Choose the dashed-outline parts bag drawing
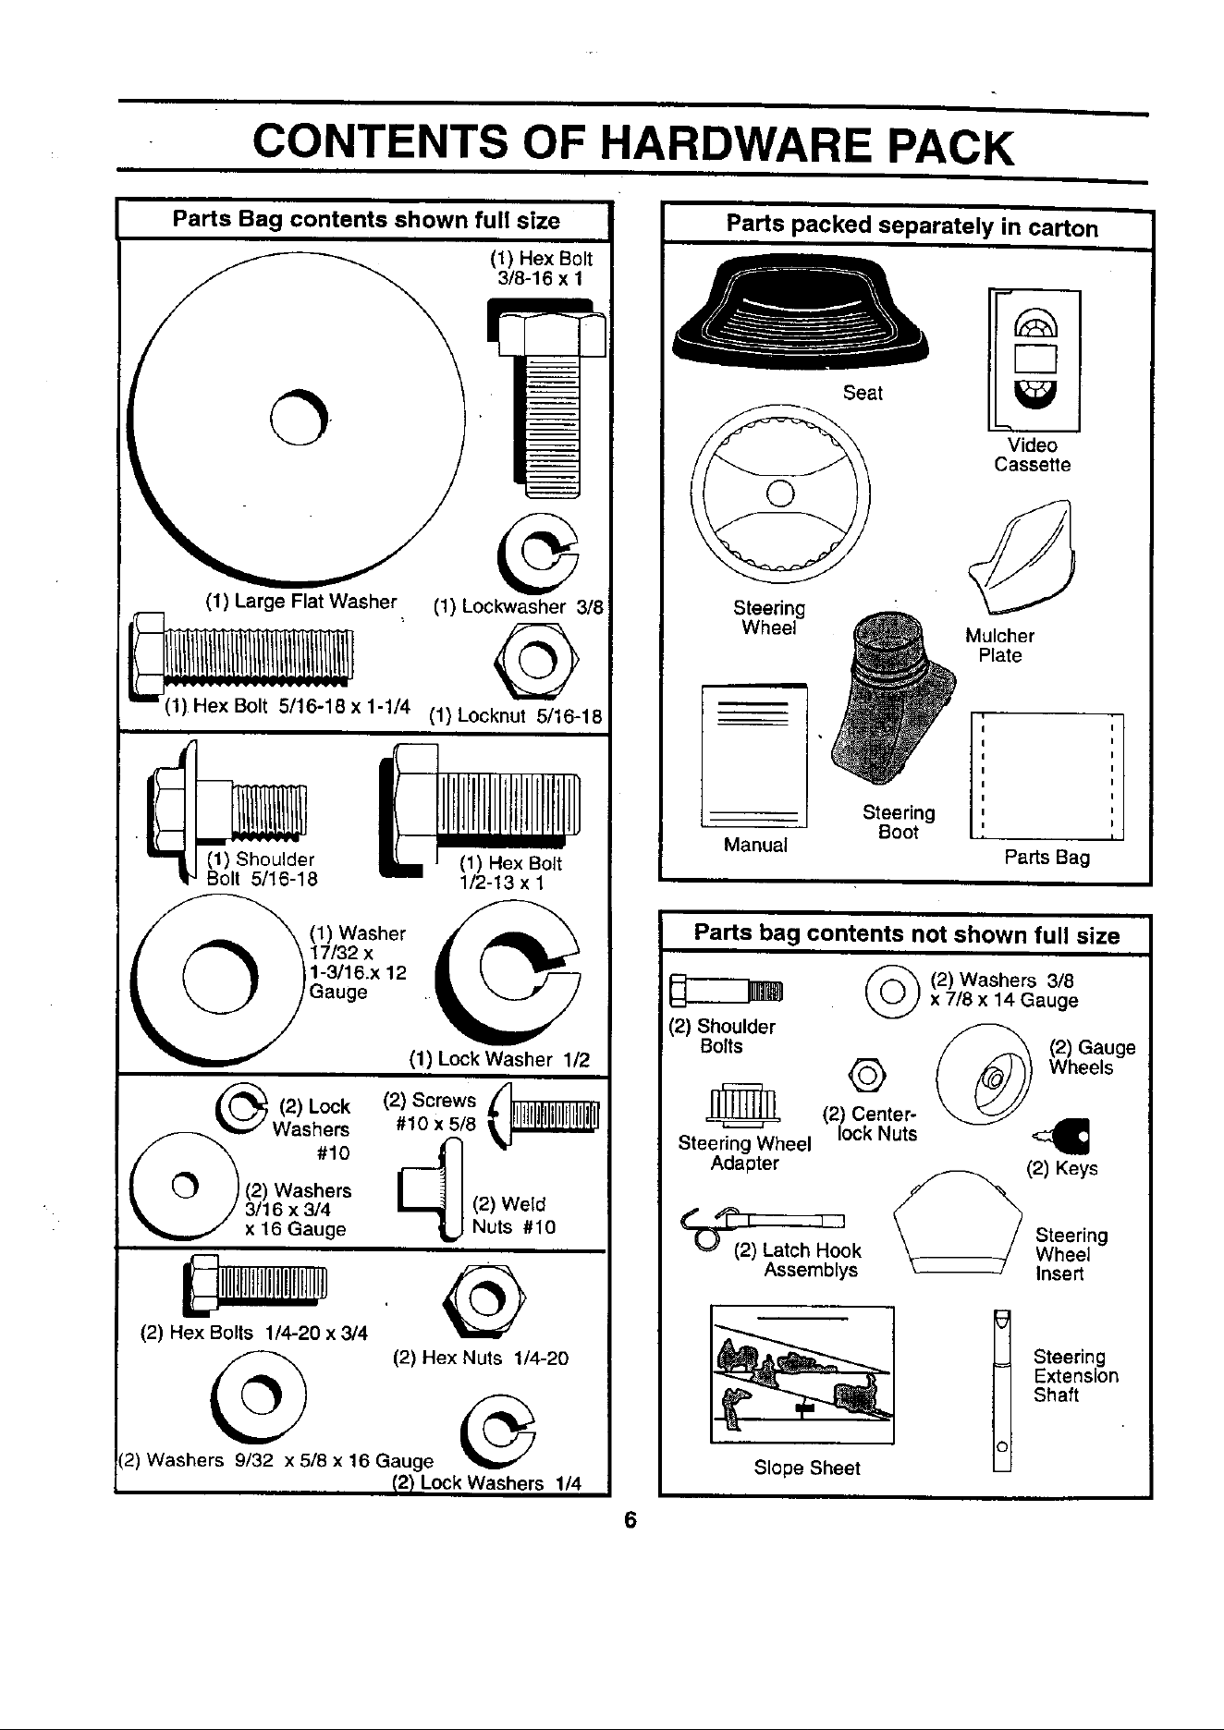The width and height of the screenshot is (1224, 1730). [1047, 776]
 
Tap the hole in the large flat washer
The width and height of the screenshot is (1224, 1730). [299, 418]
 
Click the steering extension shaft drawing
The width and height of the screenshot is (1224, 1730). [1001, 1391]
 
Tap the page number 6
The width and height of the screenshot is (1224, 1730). [630, 1520]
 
